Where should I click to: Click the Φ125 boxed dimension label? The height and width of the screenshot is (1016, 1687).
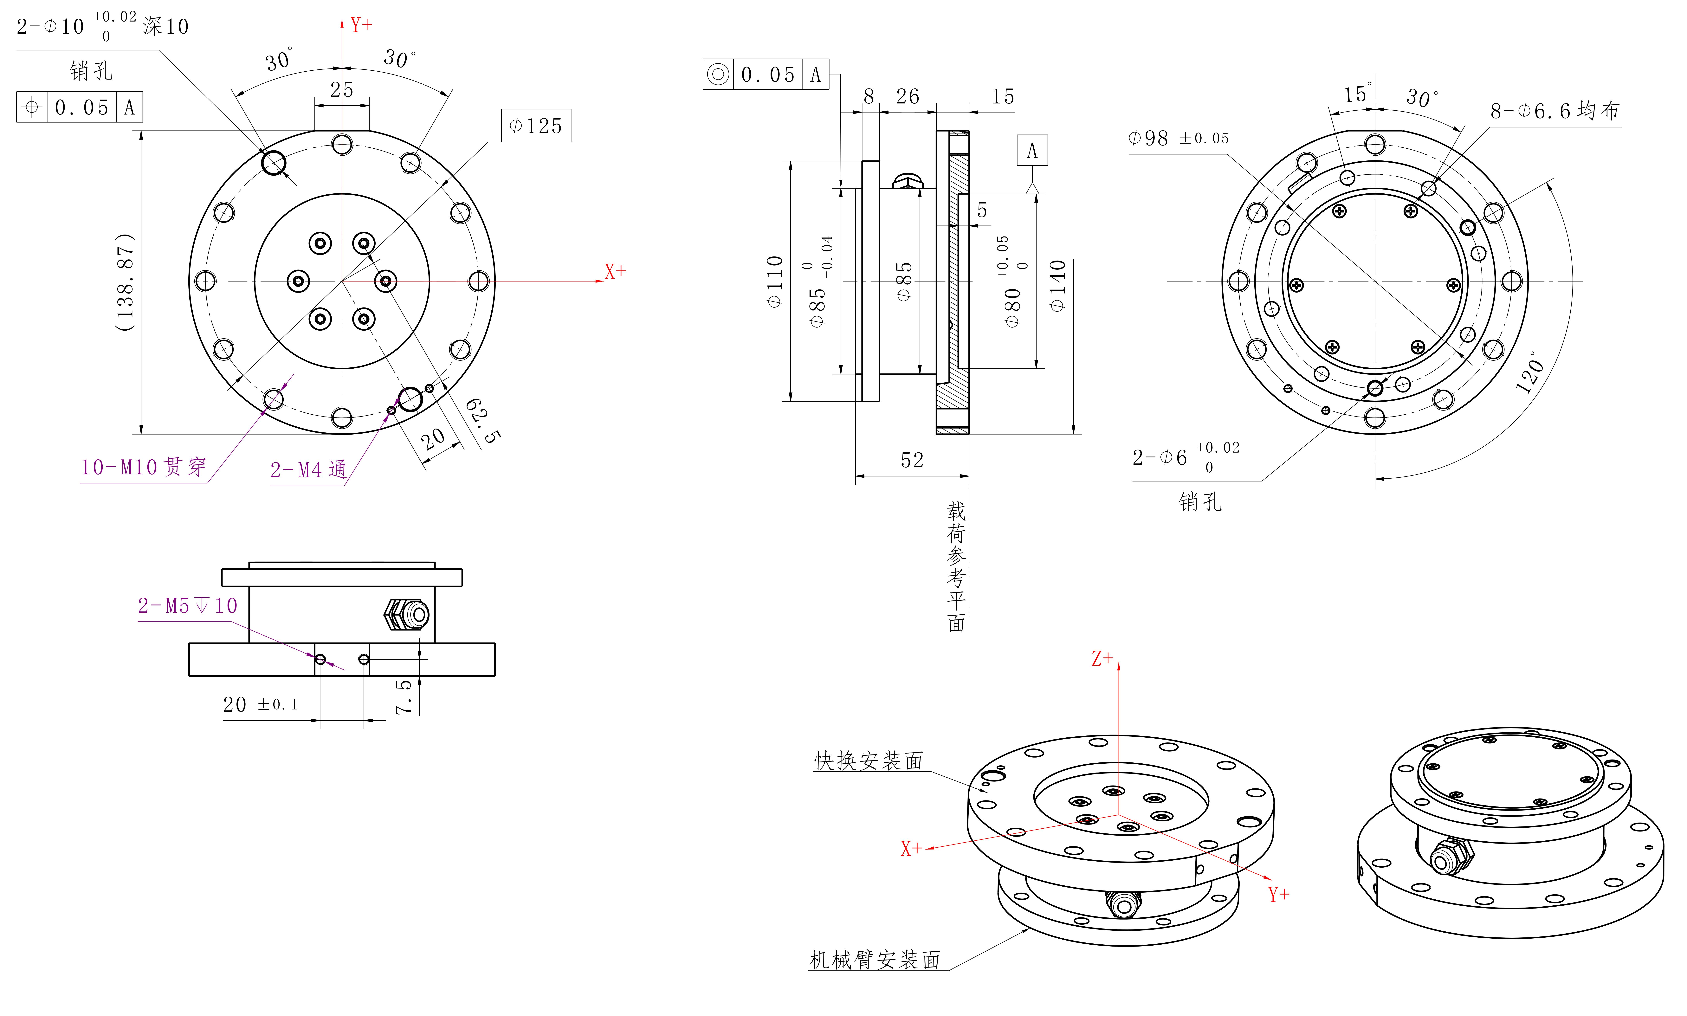pos(536,125)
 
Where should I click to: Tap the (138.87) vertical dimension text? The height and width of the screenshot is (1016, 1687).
pos(125,282)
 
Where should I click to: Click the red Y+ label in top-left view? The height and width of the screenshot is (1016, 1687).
pos(361,25)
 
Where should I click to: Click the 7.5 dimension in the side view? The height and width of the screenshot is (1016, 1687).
pos(404,696)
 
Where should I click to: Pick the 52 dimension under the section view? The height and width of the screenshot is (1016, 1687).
pos(912,460)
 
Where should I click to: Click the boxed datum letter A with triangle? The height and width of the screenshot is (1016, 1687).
pos(1031,151)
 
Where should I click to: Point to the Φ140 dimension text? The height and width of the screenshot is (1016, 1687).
pos(1057,286)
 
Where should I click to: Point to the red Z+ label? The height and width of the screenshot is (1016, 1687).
pos(1102,659)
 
